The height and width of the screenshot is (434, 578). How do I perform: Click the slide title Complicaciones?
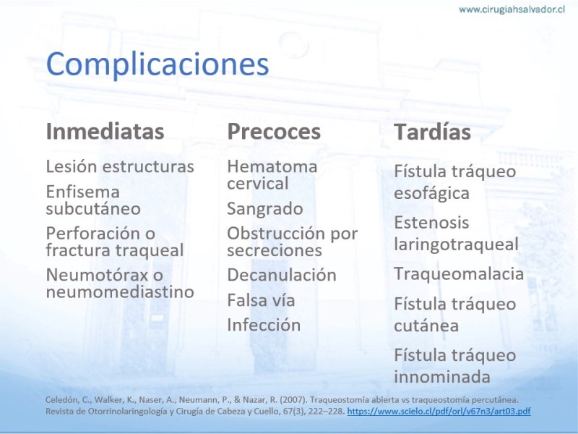tap(158, 64)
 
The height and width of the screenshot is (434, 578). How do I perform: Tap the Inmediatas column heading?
tap(105, 132)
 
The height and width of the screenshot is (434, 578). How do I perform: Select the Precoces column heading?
tap(274, 132)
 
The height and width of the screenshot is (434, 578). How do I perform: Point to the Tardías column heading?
tap(432, 132)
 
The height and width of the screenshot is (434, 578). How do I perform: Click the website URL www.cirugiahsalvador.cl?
tap(512, 9)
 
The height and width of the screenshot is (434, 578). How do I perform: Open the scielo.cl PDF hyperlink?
tap(439, 411)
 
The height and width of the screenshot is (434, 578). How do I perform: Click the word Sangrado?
tap(265, 209)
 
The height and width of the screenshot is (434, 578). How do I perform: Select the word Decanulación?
tap(282, 275)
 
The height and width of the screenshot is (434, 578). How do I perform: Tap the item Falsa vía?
tap(261, 300)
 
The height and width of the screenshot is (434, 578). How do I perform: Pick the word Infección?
tap(264, 325)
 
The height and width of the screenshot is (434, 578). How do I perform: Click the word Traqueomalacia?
tap(459, 274)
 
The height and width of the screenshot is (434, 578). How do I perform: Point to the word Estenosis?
tap(431, 223)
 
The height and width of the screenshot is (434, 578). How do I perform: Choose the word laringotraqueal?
tap(457, 244)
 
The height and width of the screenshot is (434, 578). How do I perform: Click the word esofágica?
tap(431, 193)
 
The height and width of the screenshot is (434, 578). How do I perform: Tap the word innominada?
tap(442, 377)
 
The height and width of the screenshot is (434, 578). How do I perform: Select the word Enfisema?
tap(83, 192)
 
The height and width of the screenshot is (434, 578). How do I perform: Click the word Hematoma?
tap(272, 167)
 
